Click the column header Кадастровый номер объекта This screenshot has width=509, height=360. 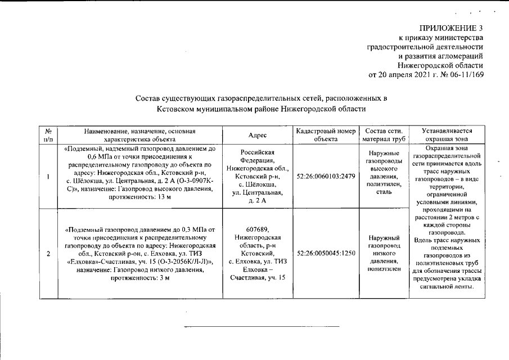[x=326, y=136]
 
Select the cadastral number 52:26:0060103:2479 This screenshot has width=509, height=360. [x=326, y=177]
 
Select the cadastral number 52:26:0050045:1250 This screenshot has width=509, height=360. [x=326, y=254]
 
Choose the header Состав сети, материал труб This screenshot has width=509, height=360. [x=384, y=136]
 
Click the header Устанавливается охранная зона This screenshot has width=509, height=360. [x=447, y=136]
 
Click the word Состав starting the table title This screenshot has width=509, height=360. [x=148, y=98]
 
